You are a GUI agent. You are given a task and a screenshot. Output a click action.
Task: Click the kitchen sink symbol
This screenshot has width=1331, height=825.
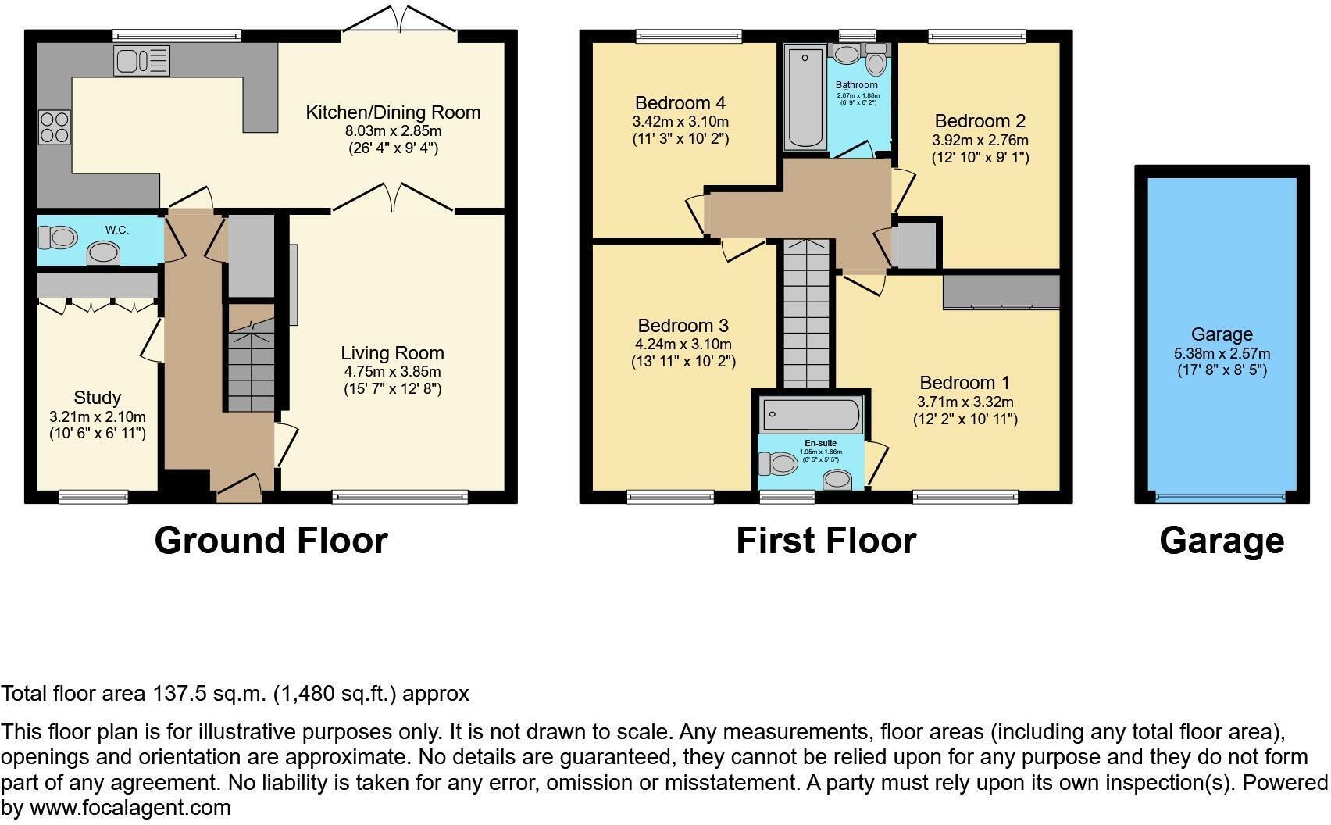coord(141,61)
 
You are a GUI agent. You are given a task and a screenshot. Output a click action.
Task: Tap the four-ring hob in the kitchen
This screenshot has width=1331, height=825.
coord(54,128)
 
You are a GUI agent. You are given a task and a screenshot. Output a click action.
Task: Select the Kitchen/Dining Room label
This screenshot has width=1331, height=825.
coord(393,112)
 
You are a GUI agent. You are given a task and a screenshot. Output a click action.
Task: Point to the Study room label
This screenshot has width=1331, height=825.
coord(98,398)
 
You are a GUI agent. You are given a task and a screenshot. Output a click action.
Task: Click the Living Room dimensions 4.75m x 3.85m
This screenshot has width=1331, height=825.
coord(392,372)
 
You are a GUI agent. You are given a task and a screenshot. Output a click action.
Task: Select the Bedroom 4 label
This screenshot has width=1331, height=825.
coord(680,103)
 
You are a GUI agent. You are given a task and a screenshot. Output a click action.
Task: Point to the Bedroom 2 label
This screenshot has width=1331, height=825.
coord(980,121)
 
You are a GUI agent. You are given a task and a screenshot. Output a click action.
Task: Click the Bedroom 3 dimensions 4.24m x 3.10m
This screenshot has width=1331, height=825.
coord(683,345)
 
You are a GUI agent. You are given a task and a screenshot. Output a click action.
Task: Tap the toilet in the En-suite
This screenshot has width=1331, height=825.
coord(777,464)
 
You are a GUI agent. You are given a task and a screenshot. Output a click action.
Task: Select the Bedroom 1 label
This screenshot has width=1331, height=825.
coord(965,383)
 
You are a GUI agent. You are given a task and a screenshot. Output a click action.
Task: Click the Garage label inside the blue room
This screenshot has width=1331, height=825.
coord(1222,334)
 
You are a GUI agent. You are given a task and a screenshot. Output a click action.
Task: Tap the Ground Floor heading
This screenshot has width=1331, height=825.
coord(271,541)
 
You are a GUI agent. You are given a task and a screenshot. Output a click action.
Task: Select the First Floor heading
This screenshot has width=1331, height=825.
coord(826,541)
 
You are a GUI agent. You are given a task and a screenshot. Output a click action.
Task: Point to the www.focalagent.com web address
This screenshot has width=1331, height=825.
coord(130,808)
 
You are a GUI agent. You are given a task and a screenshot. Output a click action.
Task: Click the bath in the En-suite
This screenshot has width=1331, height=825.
coord(811,415)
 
